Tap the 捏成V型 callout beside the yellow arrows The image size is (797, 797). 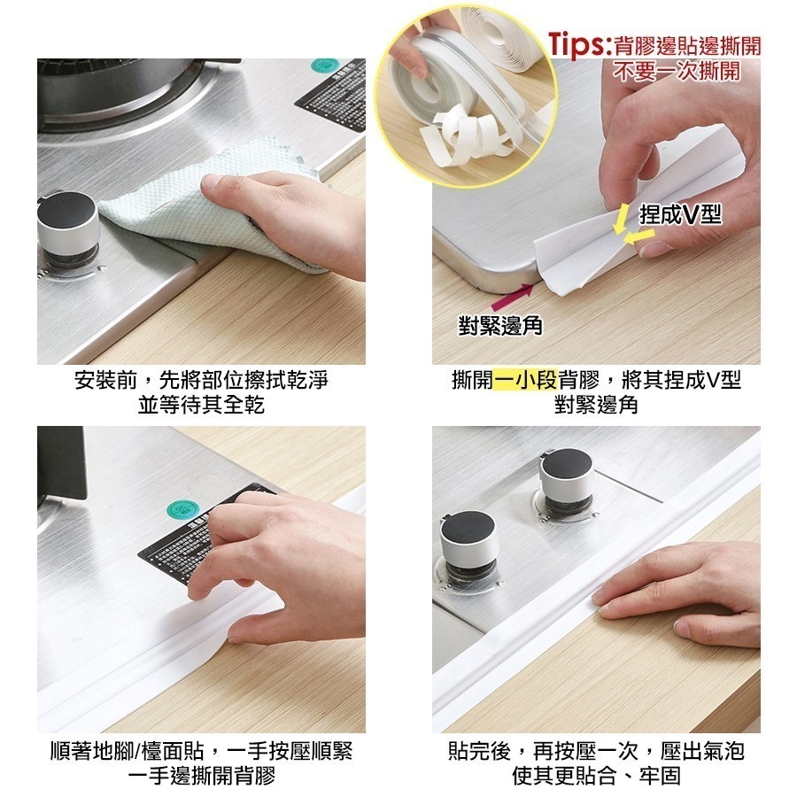pos(680,214)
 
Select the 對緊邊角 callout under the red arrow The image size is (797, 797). pos(500,326)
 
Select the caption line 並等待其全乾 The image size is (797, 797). pos(201,405)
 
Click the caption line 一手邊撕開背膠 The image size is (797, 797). pos(201,777)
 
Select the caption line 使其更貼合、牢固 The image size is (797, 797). pos(596,777)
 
